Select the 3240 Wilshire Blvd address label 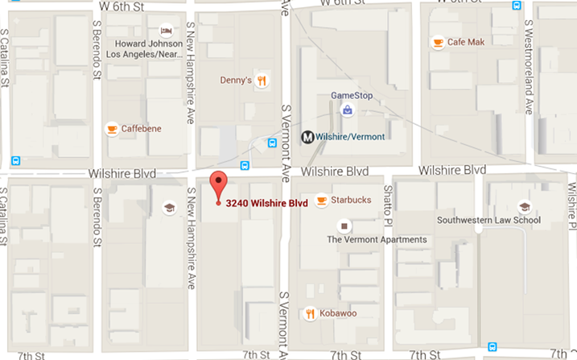tap(267, 203)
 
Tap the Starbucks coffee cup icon tap(322, 200)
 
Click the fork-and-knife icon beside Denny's tap(262, 80)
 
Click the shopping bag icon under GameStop tap(347, 110)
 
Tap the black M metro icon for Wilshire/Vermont tap(307, 137)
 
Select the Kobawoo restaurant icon tap(310, 313)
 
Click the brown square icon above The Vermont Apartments tap(344, 226)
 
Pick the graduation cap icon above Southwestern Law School tap(524, 206)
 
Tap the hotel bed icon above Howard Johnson tap(165, 30)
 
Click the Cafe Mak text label tap(467, 43)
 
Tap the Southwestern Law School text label tap(488, 220)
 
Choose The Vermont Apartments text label tap(377, 240)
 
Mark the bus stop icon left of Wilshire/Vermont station tap(273, 143)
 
